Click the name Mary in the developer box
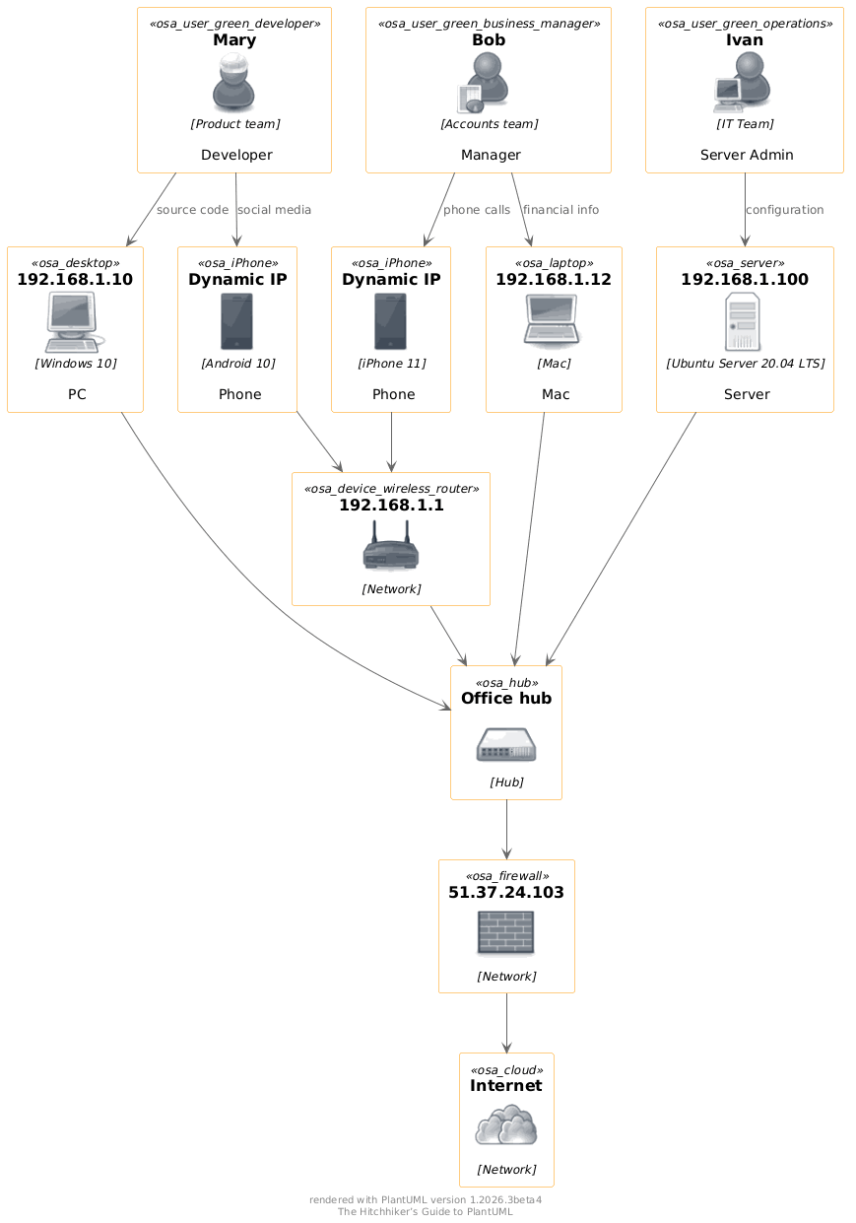tap(234, 40)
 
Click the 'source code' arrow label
tap(192, 210)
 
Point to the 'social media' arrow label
tap(274, 210)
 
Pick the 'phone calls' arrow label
tap(477, 210)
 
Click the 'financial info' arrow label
tap(560, 210)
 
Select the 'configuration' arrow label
tap(784, 210)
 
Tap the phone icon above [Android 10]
tap(237, 321)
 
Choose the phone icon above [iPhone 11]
tap(391, 321)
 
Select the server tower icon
tap(744, 321)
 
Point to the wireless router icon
tap(391, 547)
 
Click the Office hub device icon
tap(506, 745)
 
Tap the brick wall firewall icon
tap(506, 932)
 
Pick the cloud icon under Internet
tap(506, 1125)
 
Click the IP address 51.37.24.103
tap(506, 893)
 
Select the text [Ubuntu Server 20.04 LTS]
tap(745, 363)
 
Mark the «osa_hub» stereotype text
tap(506, 682)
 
